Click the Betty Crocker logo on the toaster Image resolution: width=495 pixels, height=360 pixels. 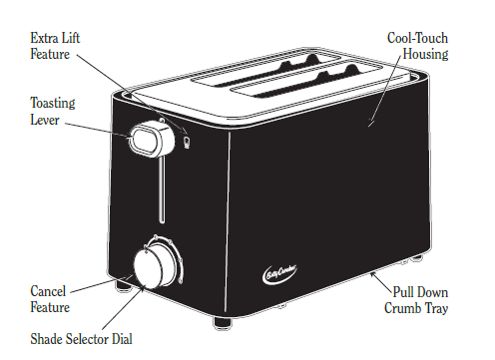(281, 268)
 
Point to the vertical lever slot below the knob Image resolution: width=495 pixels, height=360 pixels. (157, 194)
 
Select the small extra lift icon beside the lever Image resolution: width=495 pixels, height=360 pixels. (187, 145)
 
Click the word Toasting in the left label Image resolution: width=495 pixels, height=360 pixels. (52, 103)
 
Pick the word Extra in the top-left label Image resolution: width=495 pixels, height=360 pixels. (43, 37)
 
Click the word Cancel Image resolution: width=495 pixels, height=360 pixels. (49, 291)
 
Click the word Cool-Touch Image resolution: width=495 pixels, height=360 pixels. (417, 38)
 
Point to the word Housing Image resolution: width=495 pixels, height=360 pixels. (425, 54)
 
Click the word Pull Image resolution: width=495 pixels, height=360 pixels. (405, 293)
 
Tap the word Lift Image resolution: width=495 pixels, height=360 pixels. (69, 37)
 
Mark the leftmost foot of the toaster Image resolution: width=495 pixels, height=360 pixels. (123, 287)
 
